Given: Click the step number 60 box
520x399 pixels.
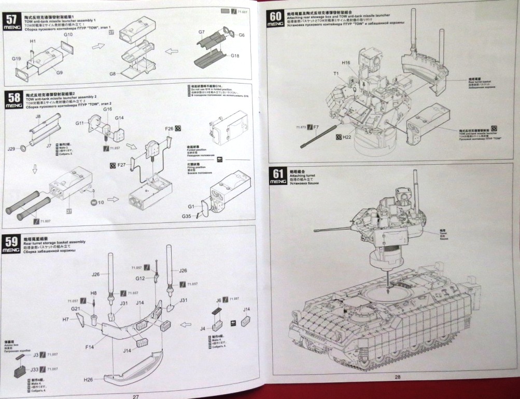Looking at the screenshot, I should [275, 18].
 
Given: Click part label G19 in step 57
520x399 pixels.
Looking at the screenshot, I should [16, 59].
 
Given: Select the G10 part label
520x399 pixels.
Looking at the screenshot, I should [68, 35].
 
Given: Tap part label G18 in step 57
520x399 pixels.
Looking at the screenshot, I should [235, 56].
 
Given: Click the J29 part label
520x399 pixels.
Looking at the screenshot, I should [11, 149].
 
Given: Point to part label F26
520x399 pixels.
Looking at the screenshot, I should [169, 128].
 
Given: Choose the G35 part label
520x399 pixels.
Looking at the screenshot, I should [187, 216].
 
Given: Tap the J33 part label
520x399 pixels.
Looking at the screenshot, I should [34, 369].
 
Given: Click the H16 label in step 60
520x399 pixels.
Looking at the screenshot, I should [346, 62].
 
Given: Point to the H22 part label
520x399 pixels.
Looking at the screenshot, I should [348, 137].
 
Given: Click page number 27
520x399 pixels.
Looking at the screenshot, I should [135, 396].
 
